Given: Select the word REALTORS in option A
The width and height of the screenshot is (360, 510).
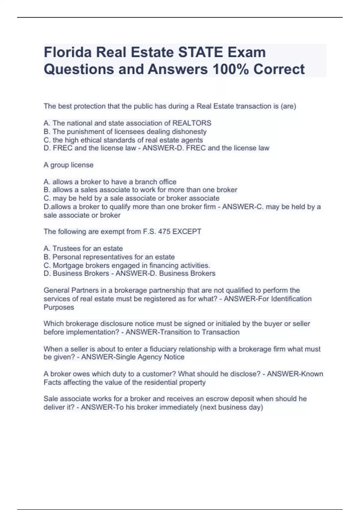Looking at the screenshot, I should pyautogui.click(x=192, y=123).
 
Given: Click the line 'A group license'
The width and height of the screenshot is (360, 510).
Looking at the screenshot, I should pyautogui.click(x=68, y=165).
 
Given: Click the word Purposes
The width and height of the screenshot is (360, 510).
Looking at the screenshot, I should pyautogui.click(x=59, y=307).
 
